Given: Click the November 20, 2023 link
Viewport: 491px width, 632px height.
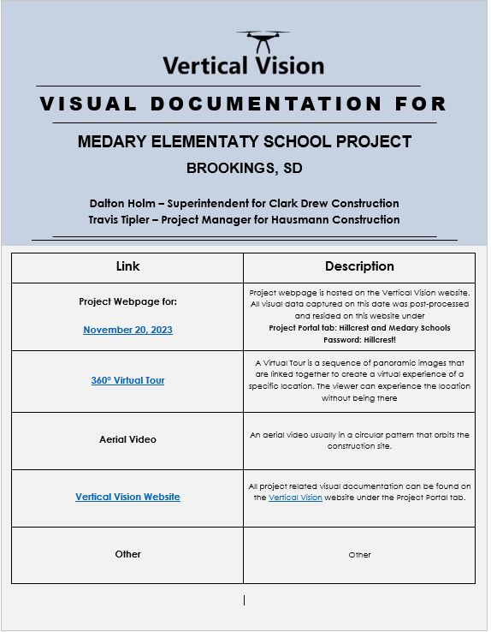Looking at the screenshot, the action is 127,330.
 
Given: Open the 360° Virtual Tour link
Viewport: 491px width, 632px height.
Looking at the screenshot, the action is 127,380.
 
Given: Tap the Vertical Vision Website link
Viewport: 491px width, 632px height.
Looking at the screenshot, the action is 127,497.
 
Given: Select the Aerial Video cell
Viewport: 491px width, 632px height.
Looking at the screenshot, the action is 127,439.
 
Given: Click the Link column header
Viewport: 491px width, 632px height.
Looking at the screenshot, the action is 127,266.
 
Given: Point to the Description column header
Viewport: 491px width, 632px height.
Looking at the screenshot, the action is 359,266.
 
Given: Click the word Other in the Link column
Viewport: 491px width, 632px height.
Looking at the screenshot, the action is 127,554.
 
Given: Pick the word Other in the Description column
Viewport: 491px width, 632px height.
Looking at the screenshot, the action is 359,555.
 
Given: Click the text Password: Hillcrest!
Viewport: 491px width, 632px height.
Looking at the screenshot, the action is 359,339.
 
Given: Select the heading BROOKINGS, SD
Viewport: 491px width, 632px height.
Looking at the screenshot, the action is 244,168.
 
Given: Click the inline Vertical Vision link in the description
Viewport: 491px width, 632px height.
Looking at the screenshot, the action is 295,498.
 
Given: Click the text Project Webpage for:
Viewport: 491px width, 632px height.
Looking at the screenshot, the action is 127,301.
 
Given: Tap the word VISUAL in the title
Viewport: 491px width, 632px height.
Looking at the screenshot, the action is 88,104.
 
